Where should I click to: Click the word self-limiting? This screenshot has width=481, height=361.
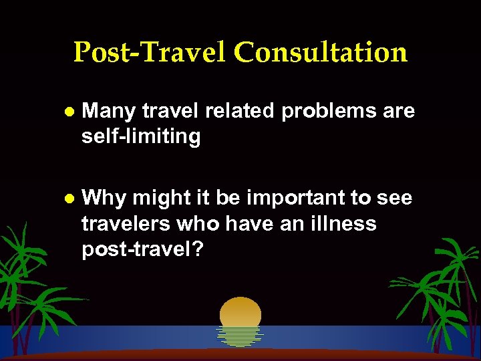[x=141, y=137]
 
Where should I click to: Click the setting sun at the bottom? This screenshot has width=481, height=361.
[x=240, y=313]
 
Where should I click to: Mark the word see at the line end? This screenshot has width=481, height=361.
[x=395, y=199]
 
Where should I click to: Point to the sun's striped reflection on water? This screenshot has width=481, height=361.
[x=240, y=336]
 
